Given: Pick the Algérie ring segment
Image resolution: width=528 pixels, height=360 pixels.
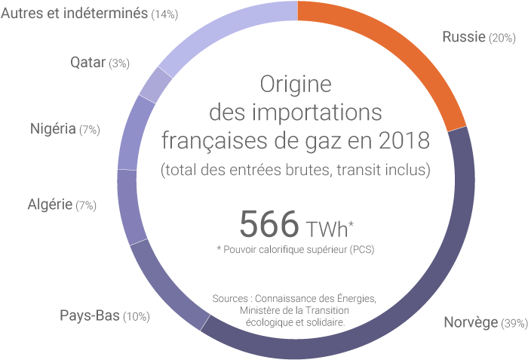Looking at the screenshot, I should [128, 205].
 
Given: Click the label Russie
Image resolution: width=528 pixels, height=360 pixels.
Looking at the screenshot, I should [463, 37].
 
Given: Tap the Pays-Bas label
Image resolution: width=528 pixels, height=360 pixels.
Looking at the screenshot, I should [90, 315].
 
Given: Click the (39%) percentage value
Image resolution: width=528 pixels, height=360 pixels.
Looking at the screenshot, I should [514, 325].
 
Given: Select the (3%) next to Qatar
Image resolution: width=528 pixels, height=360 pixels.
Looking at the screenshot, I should [119, 64].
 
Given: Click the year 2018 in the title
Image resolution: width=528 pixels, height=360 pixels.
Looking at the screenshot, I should [404, 140].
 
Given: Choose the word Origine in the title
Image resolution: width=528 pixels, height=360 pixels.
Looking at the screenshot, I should [296, 83].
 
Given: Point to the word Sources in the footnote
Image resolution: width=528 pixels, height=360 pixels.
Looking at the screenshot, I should [233, 298].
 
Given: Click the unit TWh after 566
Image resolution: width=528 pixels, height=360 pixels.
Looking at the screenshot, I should [330, 226].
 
